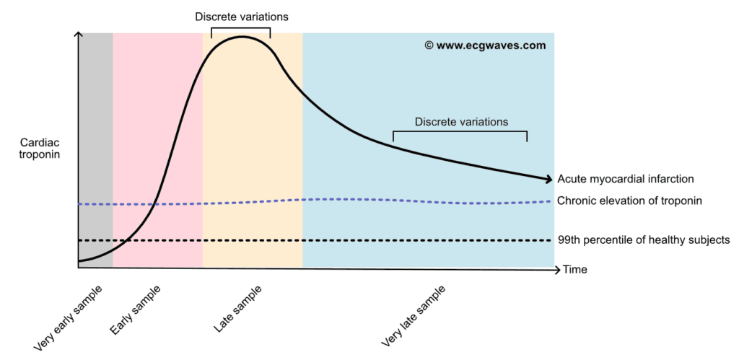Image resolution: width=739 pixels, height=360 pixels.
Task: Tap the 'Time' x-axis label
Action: coord(575,270)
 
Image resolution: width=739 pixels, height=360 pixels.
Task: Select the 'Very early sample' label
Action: coord(67,317)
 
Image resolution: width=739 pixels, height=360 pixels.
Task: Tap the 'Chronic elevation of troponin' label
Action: coord(630,201)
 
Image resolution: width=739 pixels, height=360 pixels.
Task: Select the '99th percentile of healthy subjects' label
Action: coord(643,240)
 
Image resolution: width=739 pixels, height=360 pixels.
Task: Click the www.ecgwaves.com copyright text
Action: coord(486,45)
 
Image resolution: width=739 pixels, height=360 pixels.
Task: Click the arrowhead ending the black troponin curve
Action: coord(548,179)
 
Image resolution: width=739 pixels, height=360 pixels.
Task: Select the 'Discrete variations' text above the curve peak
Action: coord(242,17)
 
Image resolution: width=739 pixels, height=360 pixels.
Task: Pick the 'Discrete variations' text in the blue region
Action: coord(462,122)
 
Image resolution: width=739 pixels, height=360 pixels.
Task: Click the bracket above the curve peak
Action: coord(241,28)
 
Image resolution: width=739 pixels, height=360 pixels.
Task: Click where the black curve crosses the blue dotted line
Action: coord(154,204)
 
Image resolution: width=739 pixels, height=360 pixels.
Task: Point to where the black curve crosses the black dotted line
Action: coord(126,240)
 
